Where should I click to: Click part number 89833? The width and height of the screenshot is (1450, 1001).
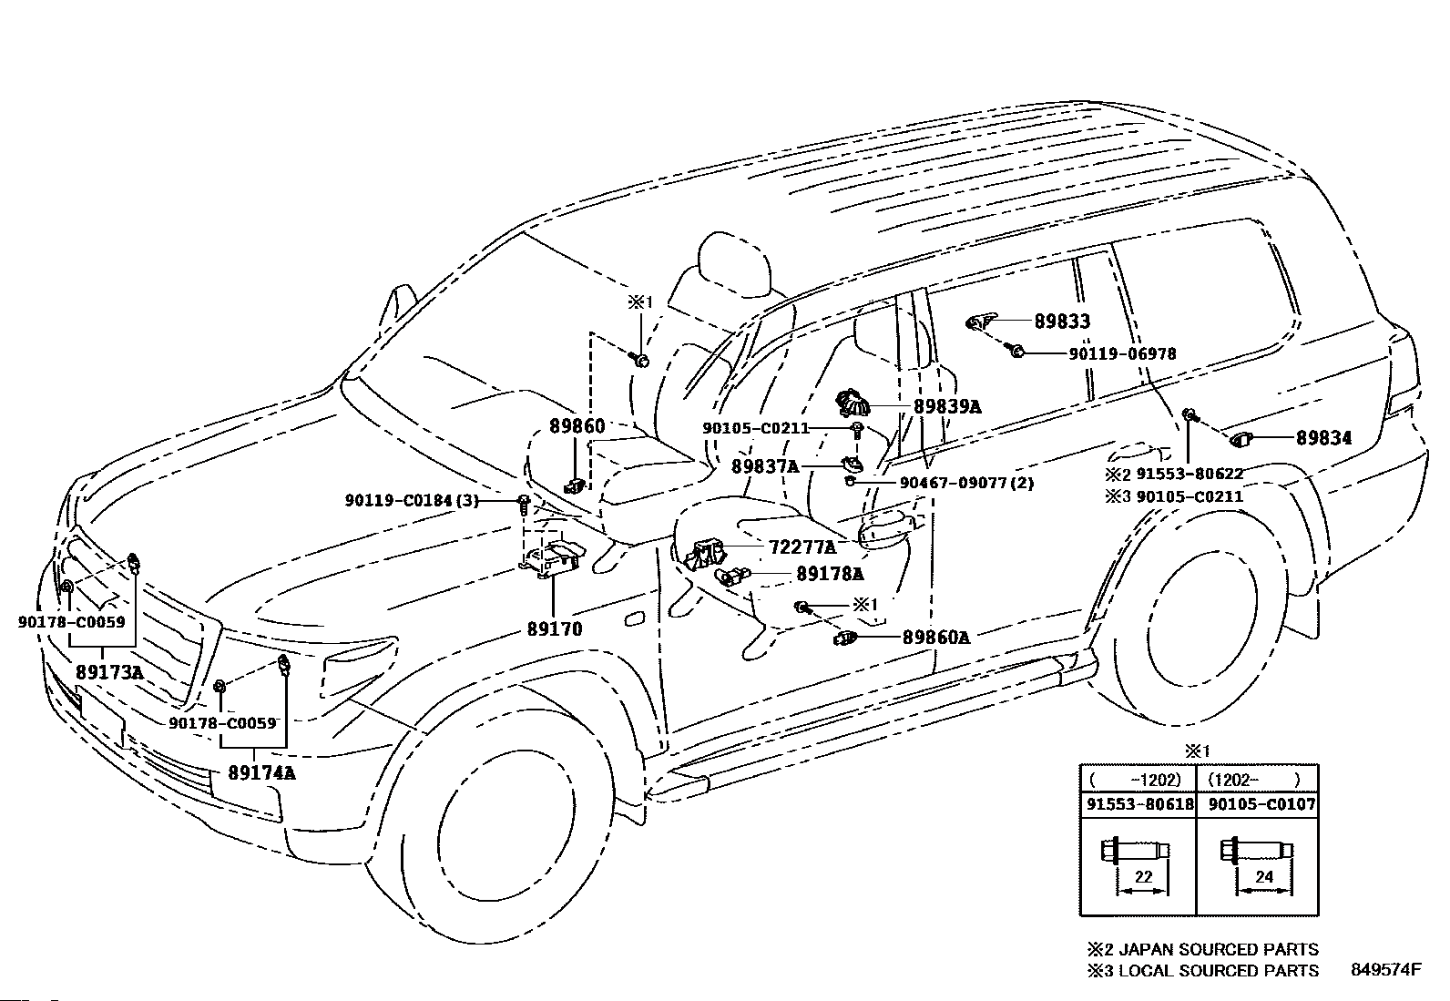click(1062, 322)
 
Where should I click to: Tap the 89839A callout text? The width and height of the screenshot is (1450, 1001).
click(947, 406)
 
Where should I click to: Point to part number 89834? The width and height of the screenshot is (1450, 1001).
click(1323, 438)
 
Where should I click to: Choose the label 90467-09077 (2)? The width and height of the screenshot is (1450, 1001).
click(966, 483)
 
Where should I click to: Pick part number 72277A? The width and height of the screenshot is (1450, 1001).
click(802, 547)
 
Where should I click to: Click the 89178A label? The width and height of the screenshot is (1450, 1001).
click(830, 574)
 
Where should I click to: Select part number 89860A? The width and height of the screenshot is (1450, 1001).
click(936, 638)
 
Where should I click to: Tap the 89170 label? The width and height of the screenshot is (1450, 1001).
click(555, 628)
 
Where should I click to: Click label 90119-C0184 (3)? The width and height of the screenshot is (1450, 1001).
click(412, 501)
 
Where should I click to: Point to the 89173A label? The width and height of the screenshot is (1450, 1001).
click(109, 672)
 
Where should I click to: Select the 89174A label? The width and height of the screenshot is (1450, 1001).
click(261, 772)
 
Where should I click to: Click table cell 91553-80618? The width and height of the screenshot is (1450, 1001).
click(1140, 804)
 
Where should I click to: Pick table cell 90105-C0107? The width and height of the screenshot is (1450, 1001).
click(1261, 804)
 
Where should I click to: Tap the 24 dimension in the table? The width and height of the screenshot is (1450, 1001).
click(1263, 877)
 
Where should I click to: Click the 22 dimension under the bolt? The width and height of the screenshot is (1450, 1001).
click(1143, 877)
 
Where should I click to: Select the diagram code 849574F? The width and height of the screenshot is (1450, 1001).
click(1386, 969)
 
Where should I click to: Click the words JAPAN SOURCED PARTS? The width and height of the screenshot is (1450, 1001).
click(1219, 949)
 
